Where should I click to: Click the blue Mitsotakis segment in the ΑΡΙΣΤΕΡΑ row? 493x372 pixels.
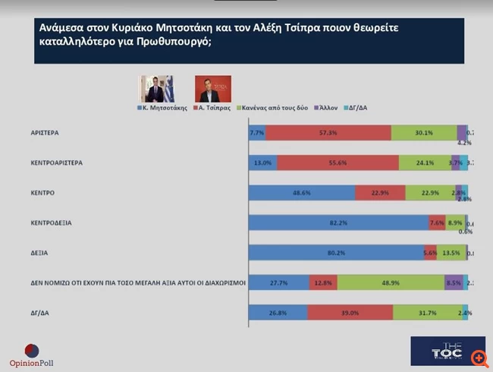(257, 133)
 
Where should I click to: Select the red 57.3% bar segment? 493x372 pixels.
(328, 133)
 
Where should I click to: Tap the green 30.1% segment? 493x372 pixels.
(424, 133)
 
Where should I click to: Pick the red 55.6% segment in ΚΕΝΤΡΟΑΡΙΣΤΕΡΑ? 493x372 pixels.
(338, 162)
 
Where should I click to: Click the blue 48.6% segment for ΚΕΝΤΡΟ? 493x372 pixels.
(302, 193)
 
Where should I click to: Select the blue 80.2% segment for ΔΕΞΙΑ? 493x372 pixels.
(336, 253)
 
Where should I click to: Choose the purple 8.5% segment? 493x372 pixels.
(453, 282)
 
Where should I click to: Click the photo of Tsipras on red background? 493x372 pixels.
(212, 89)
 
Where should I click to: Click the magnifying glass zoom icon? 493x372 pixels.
(479, 357)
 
